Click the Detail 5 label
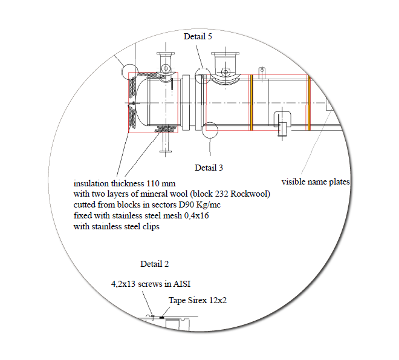(x=198, y=36)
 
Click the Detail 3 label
(x=209, y=168)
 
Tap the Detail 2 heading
(x=154, y=264)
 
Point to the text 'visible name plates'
(x=316, y=182)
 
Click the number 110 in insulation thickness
(x=154, y=183)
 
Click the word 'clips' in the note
(x=151, y=227)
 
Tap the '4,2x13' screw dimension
(x=123, y=284)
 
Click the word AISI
(x=182, y=284)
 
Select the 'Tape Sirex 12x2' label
(x=198, y=300)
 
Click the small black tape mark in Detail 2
(x=161, y=318)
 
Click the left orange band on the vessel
(x=251, y=103)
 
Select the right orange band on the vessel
(x=309, y=103)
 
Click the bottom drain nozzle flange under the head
(x=166, y=152)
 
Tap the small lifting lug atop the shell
(x=262, y=73)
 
